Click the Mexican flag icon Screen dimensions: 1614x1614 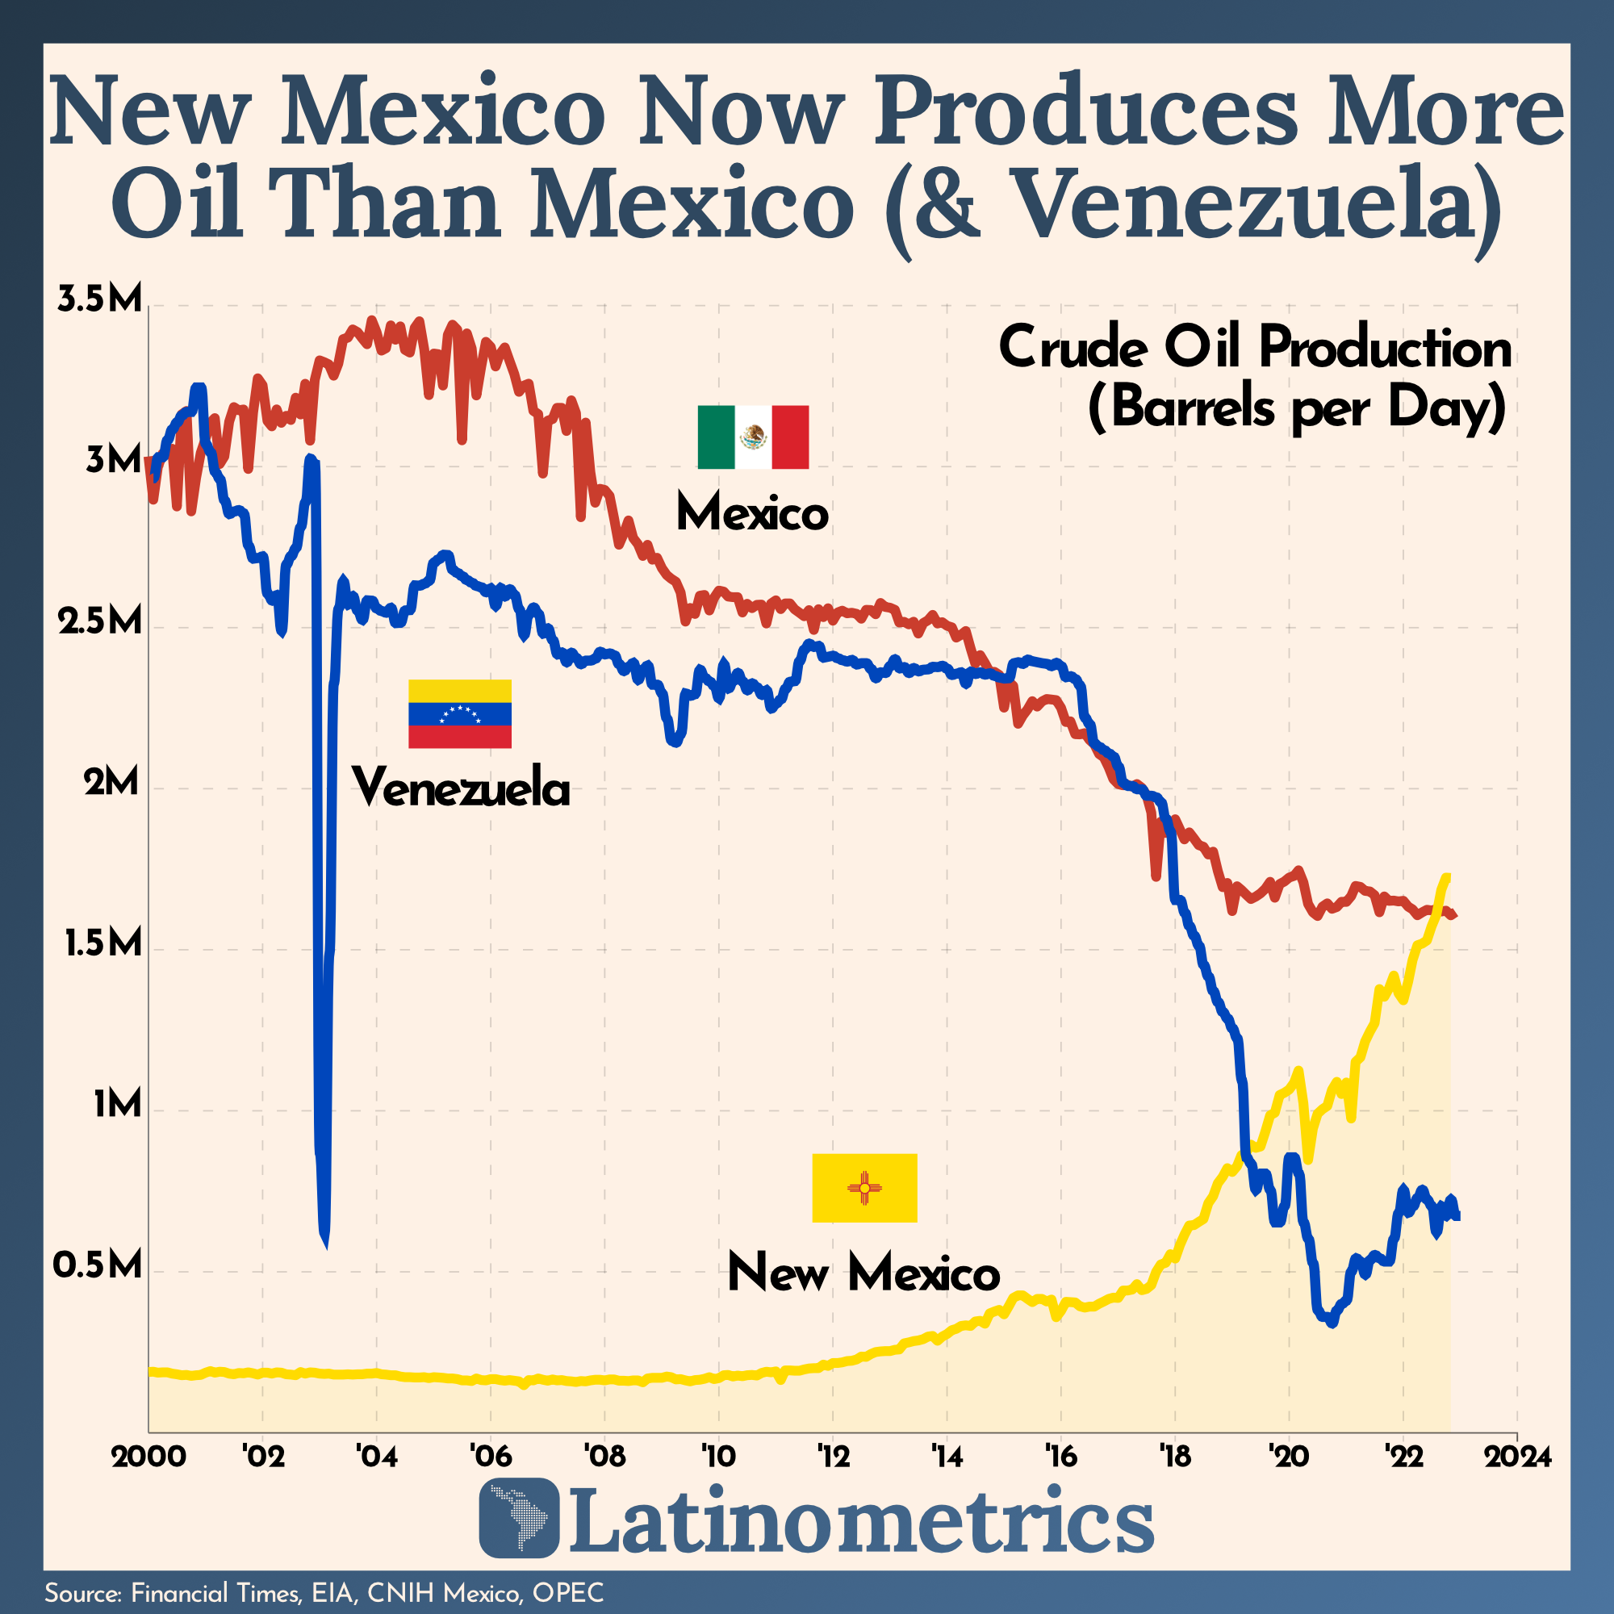[x=753, y=437]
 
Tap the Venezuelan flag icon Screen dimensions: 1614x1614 [x=459, y=713]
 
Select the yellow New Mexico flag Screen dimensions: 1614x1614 [x=864, y=1188]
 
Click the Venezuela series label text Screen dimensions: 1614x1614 [x=460, y=788]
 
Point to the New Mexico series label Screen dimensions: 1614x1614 [x=863, y=1274]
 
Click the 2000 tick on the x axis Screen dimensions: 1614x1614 [x=148, y=1457]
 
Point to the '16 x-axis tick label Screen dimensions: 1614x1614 [x=1060, y=1457]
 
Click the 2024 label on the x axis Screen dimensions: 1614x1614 [x=1517, y=1457]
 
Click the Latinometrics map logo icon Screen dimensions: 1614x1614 [x=518, y=1519]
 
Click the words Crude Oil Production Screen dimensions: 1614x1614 [x=1255, y=349]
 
